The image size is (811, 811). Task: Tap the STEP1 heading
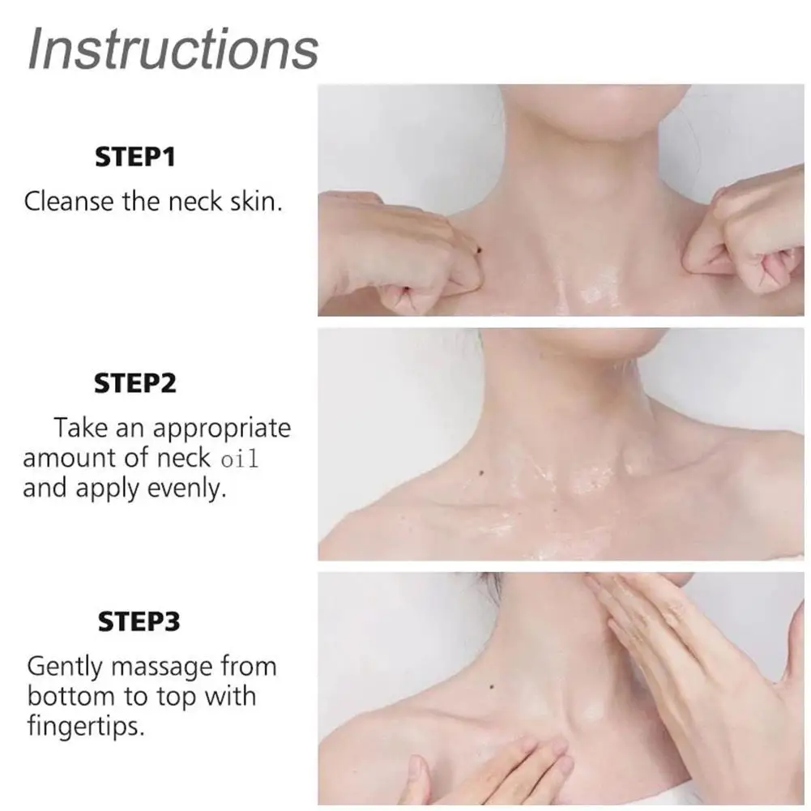pyautogui.click(x=135, y=157)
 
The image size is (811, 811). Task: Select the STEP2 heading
pyautogui.click(x=135, y=382)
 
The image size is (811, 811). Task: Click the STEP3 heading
pyautogui.click(x=139, y=622)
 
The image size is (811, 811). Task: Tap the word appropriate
pyautogui.click(x=221, y=427)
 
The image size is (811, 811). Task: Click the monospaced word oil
pyautogui.click(x=239, y=459)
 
